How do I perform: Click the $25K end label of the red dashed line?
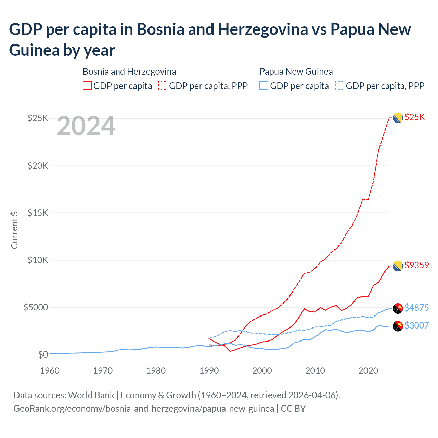414,117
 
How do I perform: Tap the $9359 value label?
416,265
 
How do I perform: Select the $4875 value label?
416,308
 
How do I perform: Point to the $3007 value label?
416,325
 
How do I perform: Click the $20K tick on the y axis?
38,166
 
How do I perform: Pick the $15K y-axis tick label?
38,213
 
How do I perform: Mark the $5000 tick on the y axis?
36,307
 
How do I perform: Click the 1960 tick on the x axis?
50,371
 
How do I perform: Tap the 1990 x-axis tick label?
209,371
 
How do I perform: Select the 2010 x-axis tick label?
315,371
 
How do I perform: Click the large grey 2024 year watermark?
86,126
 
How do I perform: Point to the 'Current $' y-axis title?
14,230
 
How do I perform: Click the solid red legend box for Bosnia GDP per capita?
87,86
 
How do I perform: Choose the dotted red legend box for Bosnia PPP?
163,86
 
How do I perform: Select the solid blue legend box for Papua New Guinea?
264,86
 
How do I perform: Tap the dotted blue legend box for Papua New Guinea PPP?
340,86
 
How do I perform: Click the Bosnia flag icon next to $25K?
397,118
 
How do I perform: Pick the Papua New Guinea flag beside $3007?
398,326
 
